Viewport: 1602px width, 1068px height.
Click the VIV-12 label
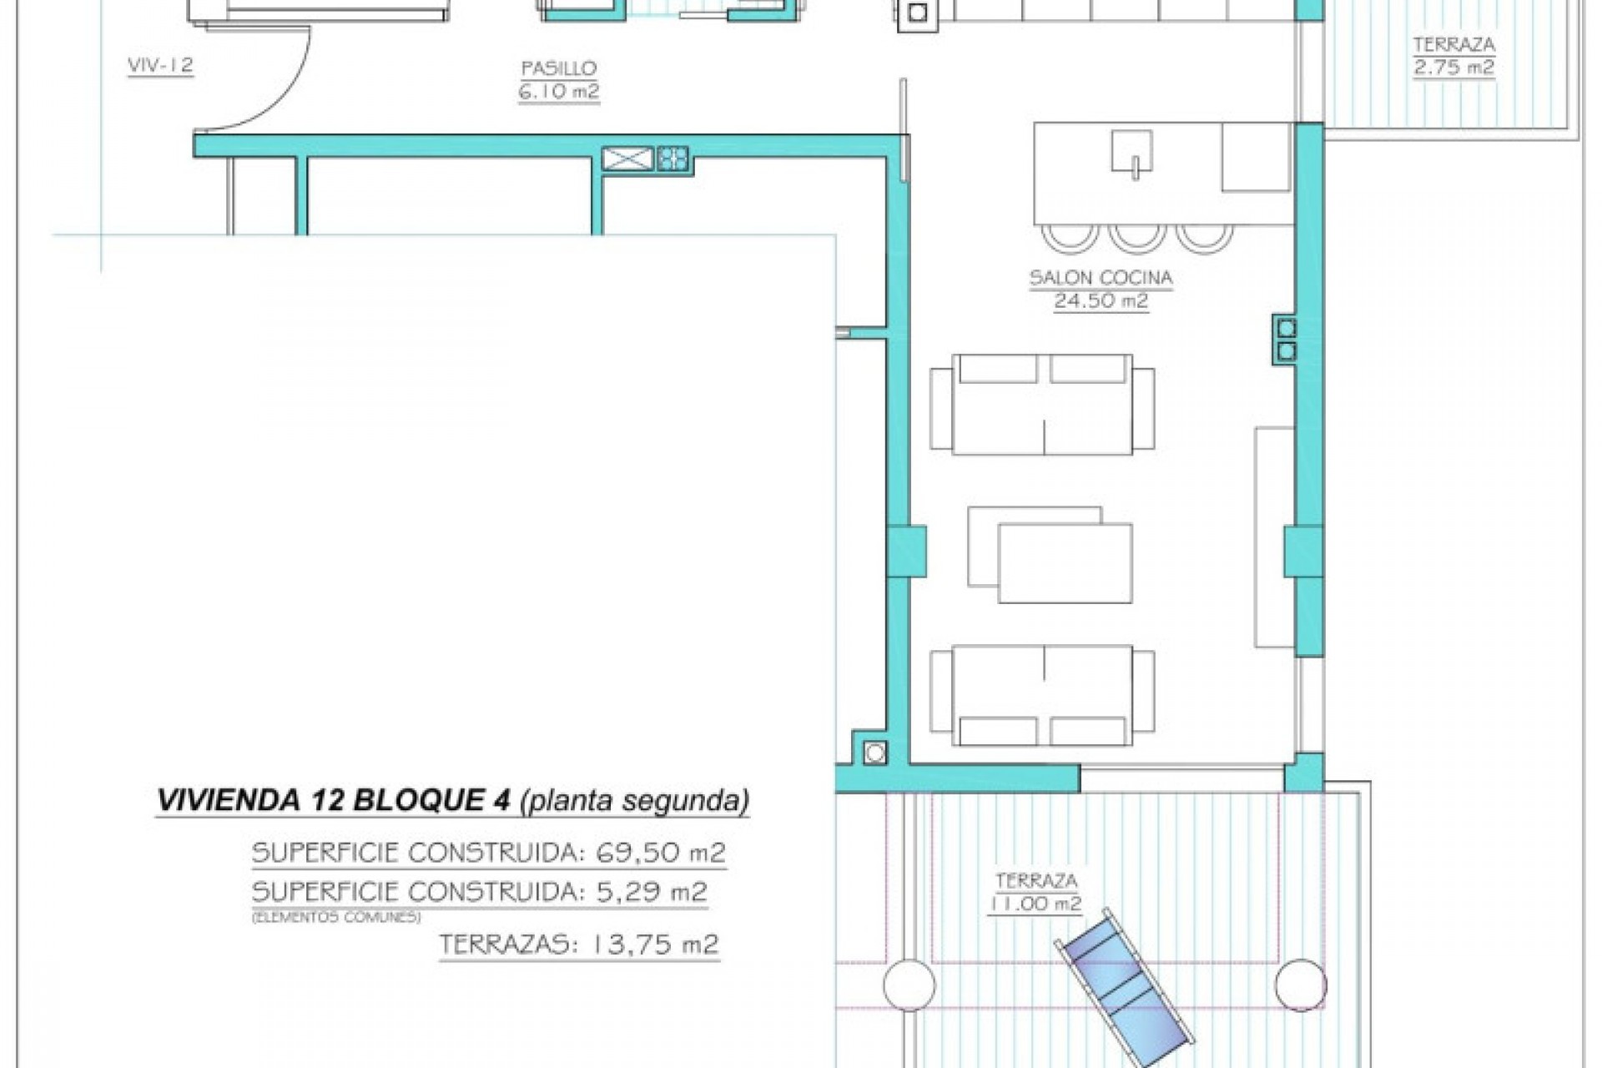(x=160, y=65)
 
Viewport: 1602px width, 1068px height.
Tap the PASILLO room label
(x=558, y=68)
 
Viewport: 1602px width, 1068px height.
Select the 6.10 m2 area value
(x=558, y=91)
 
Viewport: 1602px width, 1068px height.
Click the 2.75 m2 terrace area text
(x=1453, y=68)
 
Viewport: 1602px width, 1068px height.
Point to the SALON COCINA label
(x=1101, y=278)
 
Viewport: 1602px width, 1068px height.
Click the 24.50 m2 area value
(x=1101, y=301)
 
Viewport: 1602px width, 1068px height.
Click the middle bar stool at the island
(x=1136, y=237)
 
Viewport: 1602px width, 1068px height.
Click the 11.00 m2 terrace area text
(x=1035, y=904)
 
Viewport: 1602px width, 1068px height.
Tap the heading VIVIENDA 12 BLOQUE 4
(x=334, y=800)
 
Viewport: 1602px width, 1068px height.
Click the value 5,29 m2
(x=652, y=892)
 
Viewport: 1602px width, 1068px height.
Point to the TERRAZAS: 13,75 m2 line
(x=578, y=945)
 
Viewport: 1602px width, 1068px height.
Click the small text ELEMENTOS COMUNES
(x=335, y=917)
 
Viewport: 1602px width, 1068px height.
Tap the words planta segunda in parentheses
(x=634, y=800)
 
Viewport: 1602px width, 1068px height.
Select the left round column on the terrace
(x=909, y=985)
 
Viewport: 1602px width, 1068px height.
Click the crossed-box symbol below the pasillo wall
(x=627, y=159)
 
